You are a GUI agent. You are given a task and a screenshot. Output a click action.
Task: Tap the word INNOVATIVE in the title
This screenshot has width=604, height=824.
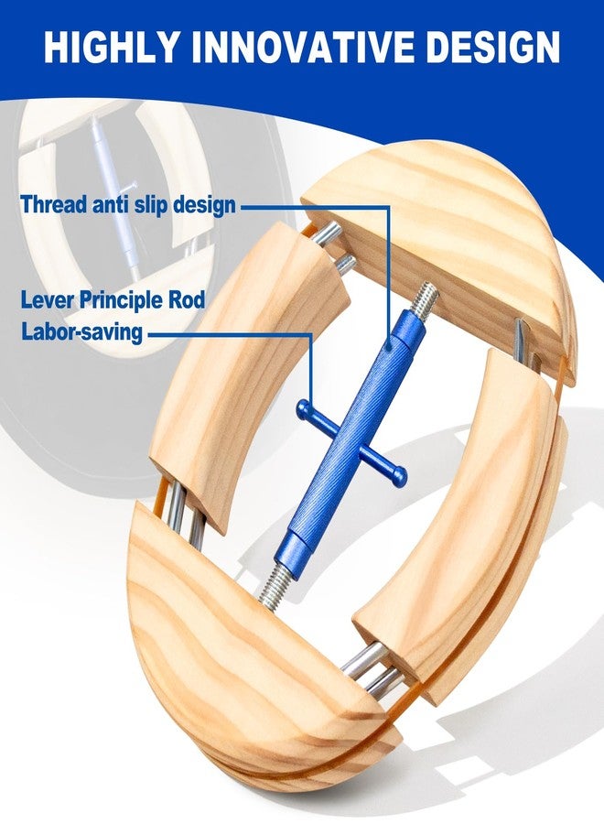[x=303, y=47]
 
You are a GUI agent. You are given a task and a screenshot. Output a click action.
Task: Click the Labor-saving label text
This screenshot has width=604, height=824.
[x=82, y=332]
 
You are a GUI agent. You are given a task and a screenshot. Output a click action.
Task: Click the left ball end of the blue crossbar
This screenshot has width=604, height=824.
[x=303, y=408]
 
